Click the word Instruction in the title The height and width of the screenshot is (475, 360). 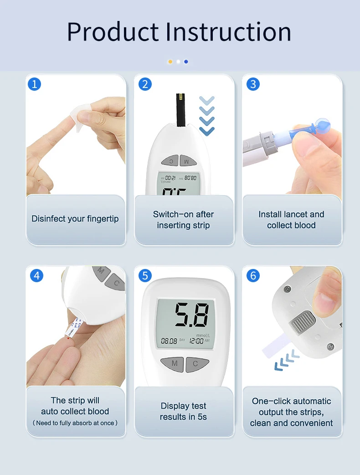228,32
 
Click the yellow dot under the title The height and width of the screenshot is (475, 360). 170,62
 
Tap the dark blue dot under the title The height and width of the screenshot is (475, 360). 186,62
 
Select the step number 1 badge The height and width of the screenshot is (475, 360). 35,84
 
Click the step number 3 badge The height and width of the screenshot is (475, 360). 253,84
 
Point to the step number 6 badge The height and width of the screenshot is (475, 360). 253,276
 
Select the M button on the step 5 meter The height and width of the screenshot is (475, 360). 174,364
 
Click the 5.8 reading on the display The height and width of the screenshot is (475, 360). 192,315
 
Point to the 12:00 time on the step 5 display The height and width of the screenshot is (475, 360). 196,341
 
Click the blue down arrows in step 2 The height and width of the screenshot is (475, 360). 207,115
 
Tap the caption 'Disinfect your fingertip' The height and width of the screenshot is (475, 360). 75,219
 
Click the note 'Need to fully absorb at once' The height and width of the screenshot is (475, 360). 75,423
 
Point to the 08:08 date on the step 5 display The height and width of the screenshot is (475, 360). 169,341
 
